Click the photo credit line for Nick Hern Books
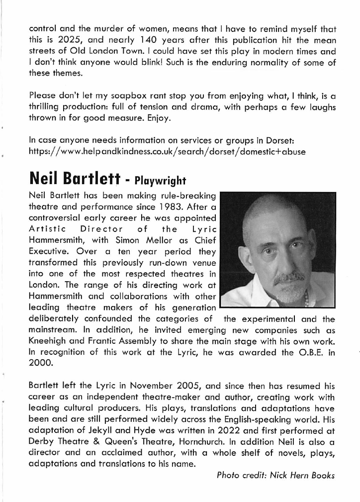coord(276,475)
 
